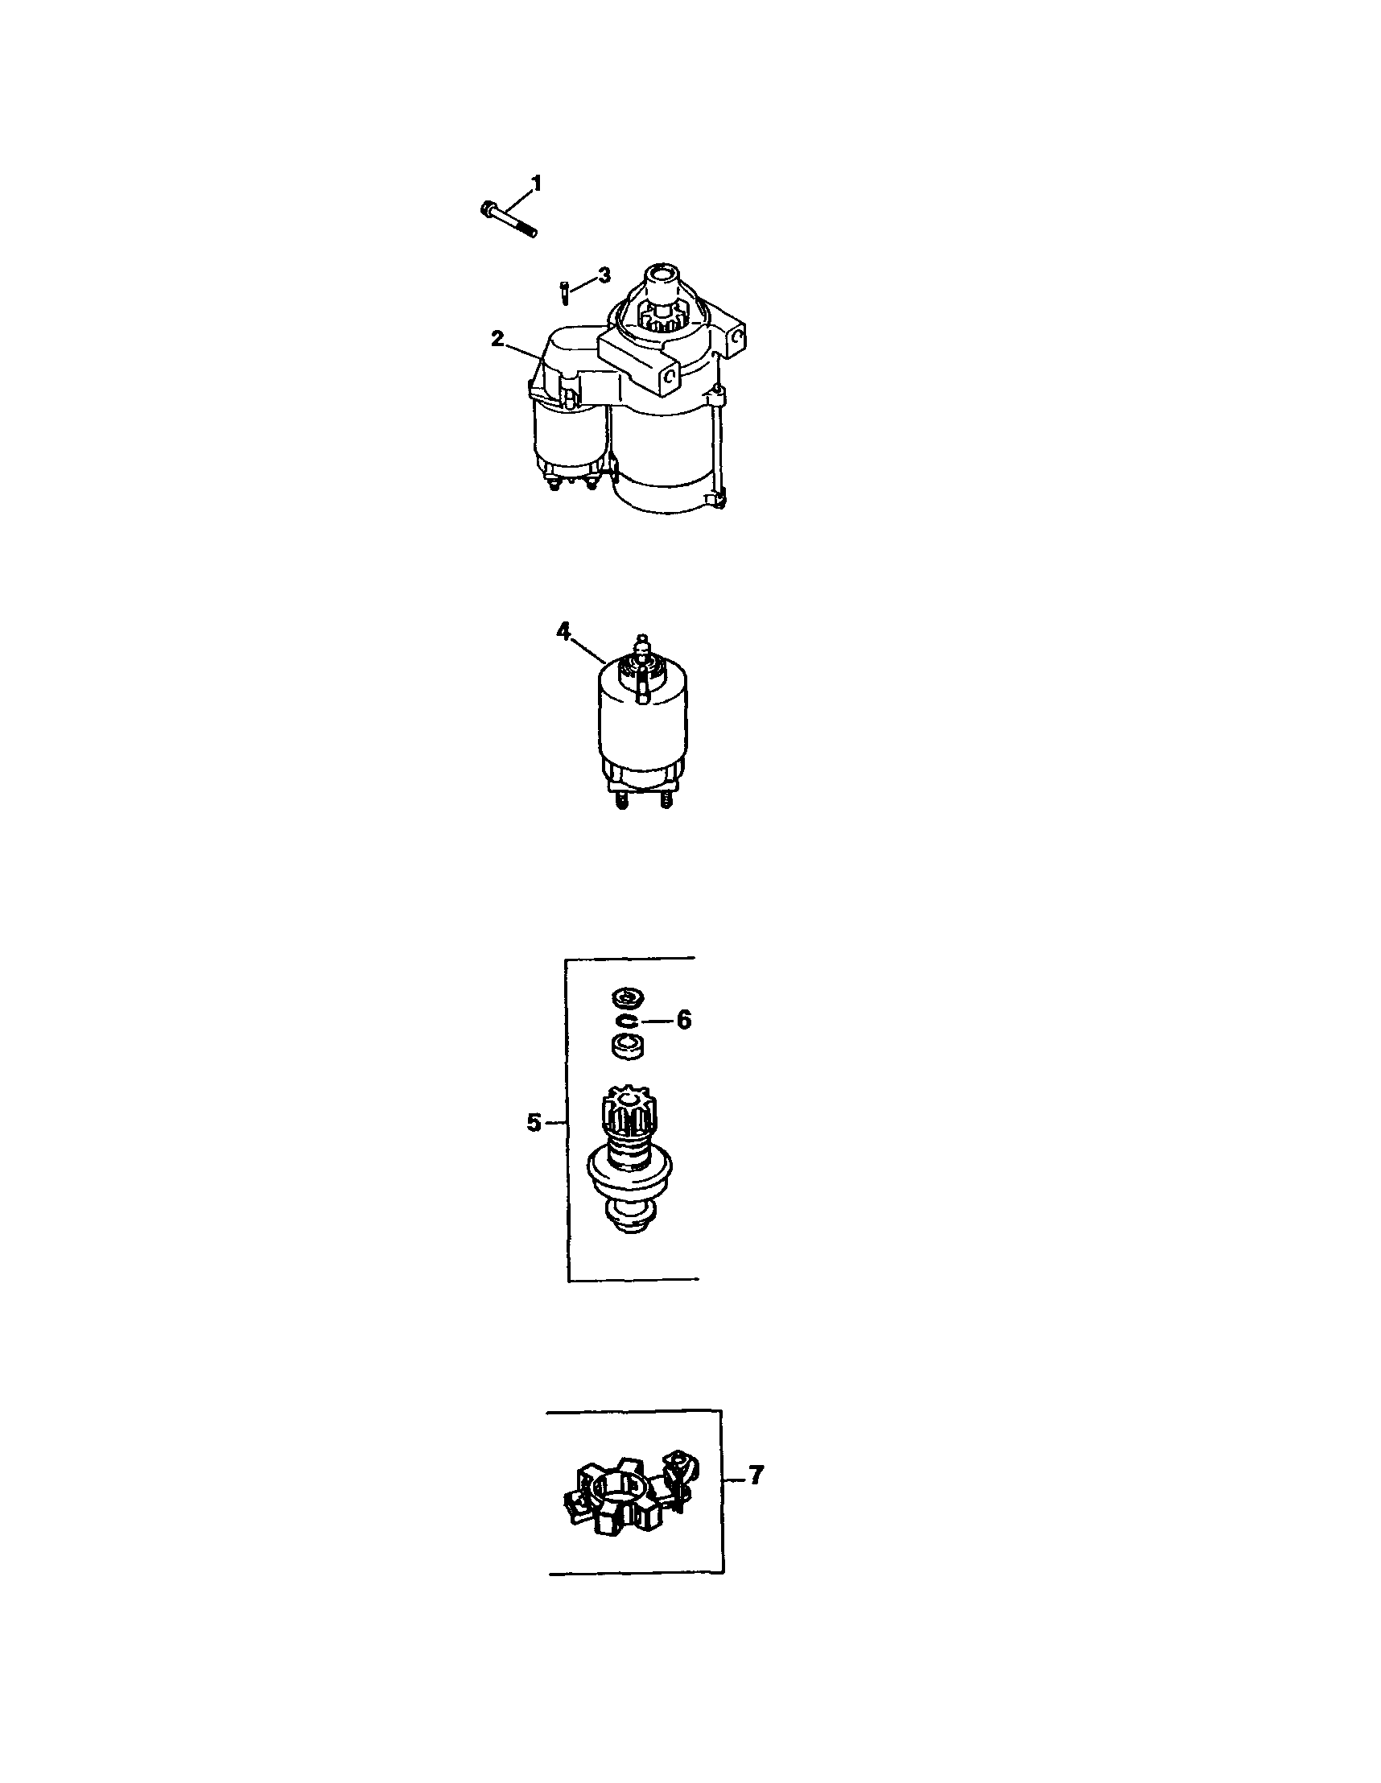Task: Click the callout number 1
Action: [536, 183]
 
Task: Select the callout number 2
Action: [497, 339]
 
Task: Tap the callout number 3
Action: [603, 275]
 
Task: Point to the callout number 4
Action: [563, 630]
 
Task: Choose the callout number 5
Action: [533, 1124]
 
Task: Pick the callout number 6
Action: [683, 1020]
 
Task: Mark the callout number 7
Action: [756, 1476]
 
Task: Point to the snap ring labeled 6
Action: [625, 1022]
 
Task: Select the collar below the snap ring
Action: [627, 1047]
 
